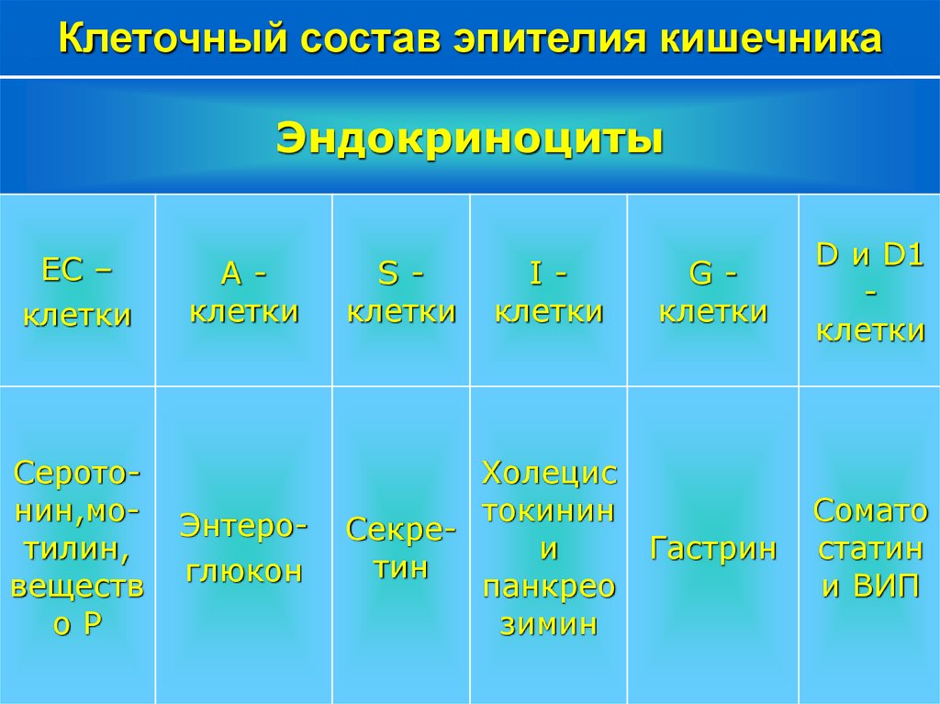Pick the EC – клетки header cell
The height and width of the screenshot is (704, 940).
coord(77,292)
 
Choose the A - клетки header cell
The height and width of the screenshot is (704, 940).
coord(244,292)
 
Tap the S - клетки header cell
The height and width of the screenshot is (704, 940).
coord(401,292)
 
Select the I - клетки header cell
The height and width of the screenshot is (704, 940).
coord(549,292)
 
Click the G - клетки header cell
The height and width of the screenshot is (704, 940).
coord(713,292)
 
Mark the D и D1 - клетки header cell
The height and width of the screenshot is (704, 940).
coord(870,292)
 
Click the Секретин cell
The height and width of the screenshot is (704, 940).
coord(401,548)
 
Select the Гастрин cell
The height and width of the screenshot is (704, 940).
coord(713,549)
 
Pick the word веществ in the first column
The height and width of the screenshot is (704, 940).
coord(77,587)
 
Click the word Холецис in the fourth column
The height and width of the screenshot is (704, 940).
coord(549,474)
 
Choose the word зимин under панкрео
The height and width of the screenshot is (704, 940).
coord(549,625)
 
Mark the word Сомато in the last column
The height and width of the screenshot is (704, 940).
coord(870,509)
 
